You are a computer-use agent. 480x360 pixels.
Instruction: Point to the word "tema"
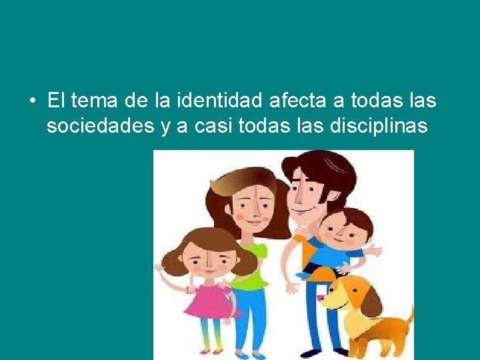pyautogui.click(x=93, y=101)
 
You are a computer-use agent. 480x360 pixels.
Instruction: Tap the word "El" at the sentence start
pyautogui.click(x=56, y=101)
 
